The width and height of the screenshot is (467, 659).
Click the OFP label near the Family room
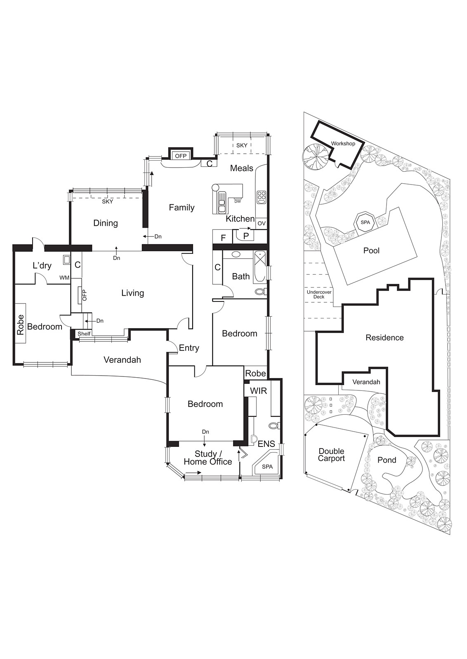tap(181, 156)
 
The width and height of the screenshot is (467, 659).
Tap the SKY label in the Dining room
tap(107, 201)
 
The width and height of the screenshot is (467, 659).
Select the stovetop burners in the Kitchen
tap(262, 197)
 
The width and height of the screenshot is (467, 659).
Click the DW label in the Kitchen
tap(238, 201)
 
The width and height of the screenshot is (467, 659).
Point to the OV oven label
tap(261, 223)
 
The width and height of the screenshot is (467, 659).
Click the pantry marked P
tap(246, 236)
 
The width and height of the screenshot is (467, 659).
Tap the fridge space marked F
tap(223, 238)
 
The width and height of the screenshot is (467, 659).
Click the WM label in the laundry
tap(64, 278)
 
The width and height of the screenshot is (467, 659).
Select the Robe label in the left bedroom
tap(21, 325)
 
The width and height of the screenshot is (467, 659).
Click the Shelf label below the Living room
tap(84, 334)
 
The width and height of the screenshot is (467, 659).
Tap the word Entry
tap(189, 348)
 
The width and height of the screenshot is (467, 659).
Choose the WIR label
tap(258, 390)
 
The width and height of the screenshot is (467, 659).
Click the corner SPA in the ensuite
tap(267, 467)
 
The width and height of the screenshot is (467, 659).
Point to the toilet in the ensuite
tap(274, 425)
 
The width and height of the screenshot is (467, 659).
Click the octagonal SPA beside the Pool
tap(366, 222)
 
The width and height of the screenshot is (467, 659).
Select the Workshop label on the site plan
tap(343, 144)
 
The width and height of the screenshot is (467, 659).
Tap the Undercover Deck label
tap(319, 294)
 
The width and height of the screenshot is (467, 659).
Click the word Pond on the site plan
tap(387, 460)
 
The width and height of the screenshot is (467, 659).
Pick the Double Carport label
tap(331, 455)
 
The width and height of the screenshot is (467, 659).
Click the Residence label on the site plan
tap(384, 338)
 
